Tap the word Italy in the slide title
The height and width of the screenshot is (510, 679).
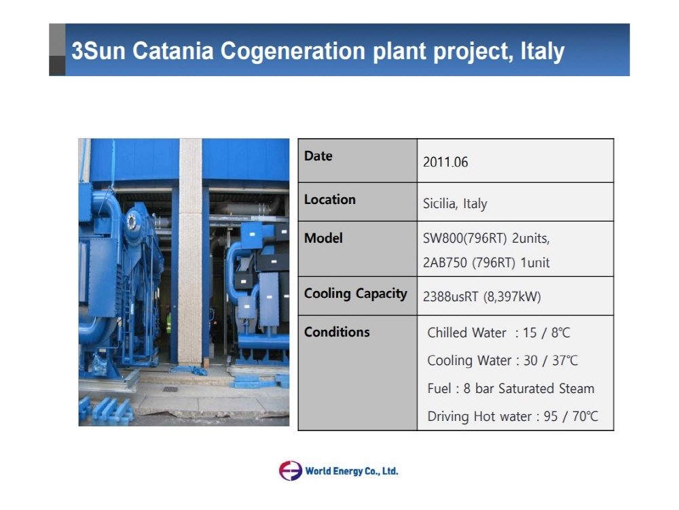pos(542,52)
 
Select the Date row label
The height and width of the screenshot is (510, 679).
pos(318,156)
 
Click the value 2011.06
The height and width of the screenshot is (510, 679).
pos(445,163)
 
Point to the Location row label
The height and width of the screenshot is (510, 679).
pos(330,199)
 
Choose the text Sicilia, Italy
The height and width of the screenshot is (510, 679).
pos(455,203)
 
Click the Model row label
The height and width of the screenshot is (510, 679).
pos(323,238)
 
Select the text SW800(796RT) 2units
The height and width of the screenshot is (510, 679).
pos(486,239)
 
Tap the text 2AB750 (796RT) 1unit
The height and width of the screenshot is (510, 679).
pos(486,262)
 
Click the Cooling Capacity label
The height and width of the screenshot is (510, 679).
pos(356,294)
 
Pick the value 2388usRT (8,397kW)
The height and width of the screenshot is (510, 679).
pos(481,297)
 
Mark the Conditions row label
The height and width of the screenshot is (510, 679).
pos(337,332)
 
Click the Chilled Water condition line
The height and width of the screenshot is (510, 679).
pos(498,333)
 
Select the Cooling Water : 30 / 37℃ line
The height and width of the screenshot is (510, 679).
pos(502,360)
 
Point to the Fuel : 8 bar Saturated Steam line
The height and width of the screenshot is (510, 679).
pos(511,388)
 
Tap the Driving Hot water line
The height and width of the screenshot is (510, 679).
pos(513,416)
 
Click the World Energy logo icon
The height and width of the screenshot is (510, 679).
pos(290,471)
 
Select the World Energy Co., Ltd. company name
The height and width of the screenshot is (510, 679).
pos(352,471)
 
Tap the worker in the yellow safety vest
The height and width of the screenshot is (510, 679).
pos(168,320)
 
